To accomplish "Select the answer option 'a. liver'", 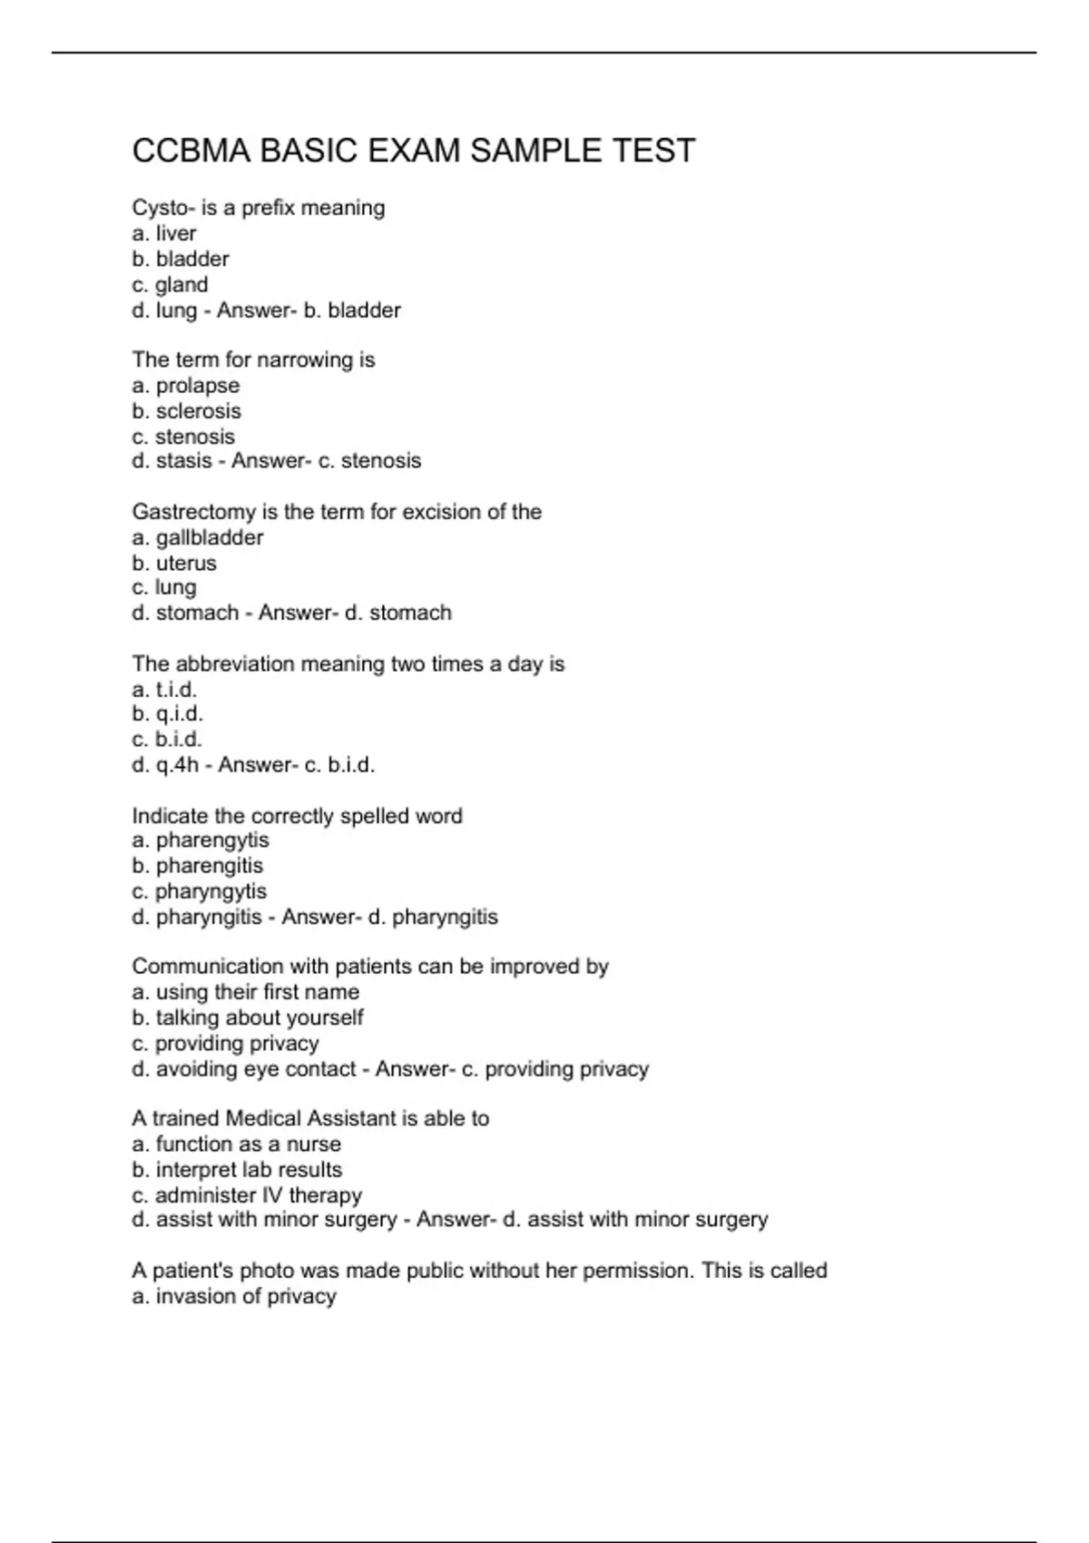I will point(164,233).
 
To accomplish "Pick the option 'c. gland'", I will point(170,284).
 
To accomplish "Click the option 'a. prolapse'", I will point(186,385).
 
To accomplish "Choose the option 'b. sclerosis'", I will point(187,410).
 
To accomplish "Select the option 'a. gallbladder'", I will point(198,537).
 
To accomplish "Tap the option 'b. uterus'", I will point(174,563).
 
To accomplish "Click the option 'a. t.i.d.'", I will point(164,689).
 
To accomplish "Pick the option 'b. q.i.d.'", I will point(168,713).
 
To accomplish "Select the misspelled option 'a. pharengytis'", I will point(201,840).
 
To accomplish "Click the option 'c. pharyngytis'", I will point(200,890).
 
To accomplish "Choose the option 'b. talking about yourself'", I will point(248,1017).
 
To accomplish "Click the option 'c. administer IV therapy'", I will point(247,1194).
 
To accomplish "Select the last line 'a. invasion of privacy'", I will point(234,1296).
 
